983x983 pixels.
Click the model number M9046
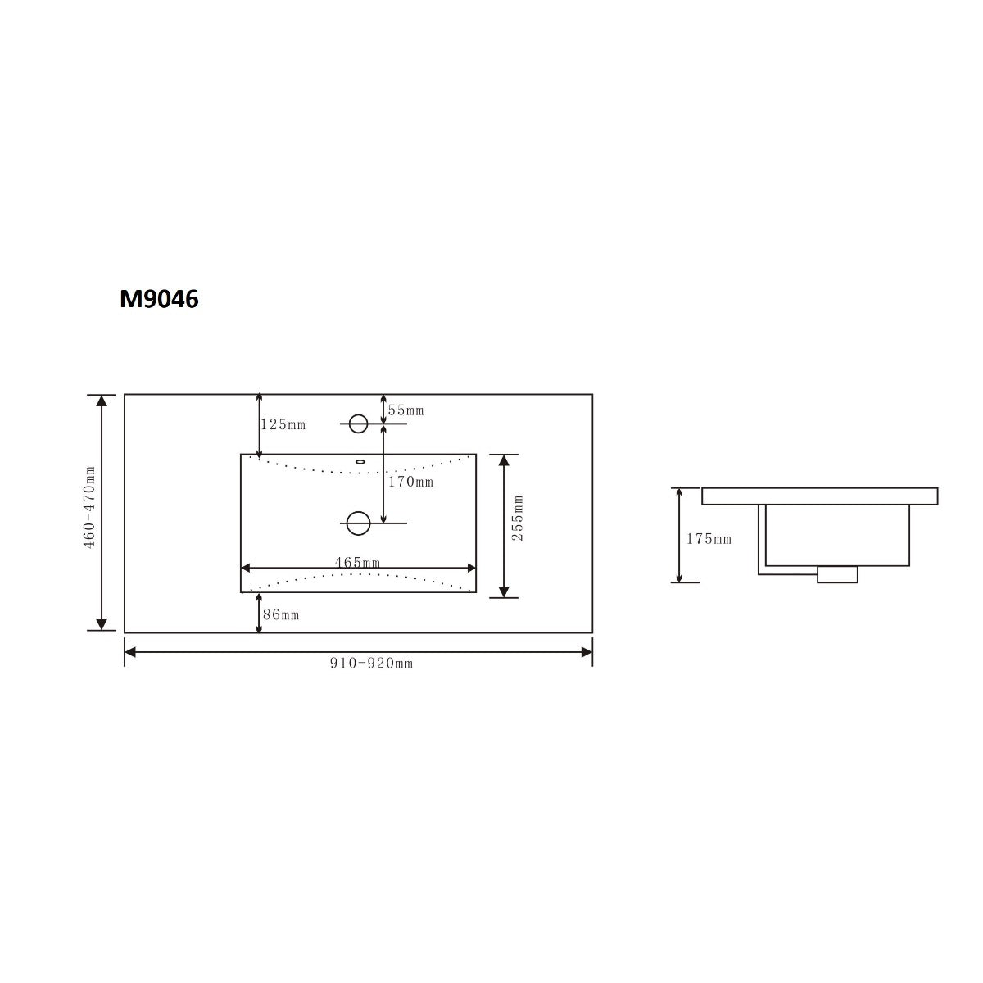(x=159, y=300)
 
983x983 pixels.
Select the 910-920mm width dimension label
(x=372, y=664)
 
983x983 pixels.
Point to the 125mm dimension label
(x=283, y=424)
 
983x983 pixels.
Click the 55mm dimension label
(x=406, y=410)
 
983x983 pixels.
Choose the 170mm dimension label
(x=410, y=482)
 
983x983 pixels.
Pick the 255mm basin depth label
(x=517, y=518)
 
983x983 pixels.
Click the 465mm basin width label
(x=357, y=563)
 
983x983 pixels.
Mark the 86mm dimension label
(x=281, y=614)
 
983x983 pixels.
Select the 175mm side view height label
(x=709, y=539)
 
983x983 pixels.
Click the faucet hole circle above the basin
(x=358, y=424)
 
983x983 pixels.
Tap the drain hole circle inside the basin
(x=358, y=523)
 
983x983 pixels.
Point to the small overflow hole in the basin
(x=359, y=462)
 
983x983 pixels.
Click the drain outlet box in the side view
(x=837, y=574)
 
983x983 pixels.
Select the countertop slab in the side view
(x=819, y=496)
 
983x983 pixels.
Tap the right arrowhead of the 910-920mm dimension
(x=587, y=652)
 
